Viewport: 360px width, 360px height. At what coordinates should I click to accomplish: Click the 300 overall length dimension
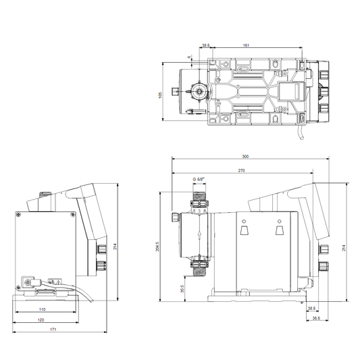point(245,157)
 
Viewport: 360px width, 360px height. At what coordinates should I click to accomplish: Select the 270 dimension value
point(241,171)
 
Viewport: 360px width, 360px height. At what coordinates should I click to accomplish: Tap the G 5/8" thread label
point(199,179)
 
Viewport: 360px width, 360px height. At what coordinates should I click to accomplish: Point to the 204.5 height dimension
point(157,247)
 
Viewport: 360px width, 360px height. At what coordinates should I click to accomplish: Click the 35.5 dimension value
point(182,289)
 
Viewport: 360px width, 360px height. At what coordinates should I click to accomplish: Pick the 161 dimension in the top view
point(246,45)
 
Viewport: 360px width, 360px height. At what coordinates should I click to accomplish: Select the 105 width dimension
point(160,95)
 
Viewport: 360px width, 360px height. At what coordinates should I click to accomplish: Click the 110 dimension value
point(42,309)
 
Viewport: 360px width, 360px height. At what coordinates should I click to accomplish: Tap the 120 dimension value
point(41,320)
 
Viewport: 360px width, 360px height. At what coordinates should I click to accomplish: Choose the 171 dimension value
point(53,330)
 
